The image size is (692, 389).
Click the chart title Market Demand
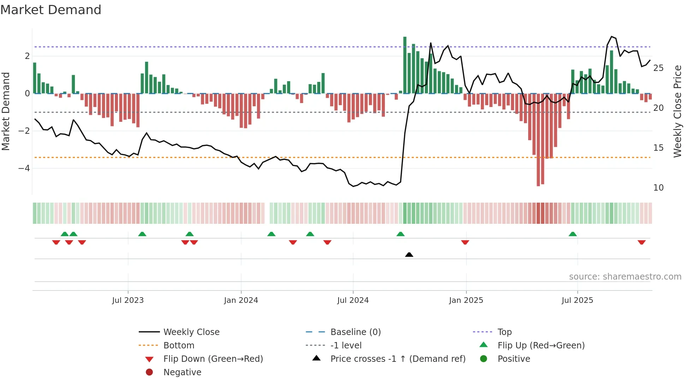[x=51, y=10]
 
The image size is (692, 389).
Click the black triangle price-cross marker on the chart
[x=409, y=255]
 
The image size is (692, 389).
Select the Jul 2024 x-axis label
[x=353, y=300]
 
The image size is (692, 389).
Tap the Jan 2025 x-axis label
[x=466, y=300]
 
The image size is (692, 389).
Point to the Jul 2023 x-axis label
[x=128, y=300]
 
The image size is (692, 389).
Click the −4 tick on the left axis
[x=24, y=168]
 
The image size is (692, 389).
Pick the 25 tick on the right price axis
[x=658, y=68]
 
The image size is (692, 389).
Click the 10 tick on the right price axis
[x=658, y=188]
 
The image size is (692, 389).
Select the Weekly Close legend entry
[x=191, y=332]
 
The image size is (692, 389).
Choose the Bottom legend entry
[x=179, y=346]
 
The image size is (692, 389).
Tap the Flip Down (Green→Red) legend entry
[x=213, y=359]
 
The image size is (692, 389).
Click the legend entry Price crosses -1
[x=398, y=359]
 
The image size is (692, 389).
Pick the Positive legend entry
[x=513, y=359]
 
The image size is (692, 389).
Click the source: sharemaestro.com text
[x=625, y=277]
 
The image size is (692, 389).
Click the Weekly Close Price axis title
[x=677, y=111]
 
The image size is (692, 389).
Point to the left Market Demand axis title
[x=6, y=111]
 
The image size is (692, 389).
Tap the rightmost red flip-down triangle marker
[x=642, y=242]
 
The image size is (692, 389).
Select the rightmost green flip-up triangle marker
[x=573, y=234]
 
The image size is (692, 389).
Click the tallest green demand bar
[x=405, y=65]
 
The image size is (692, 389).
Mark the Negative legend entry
[x=182, y=372]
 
